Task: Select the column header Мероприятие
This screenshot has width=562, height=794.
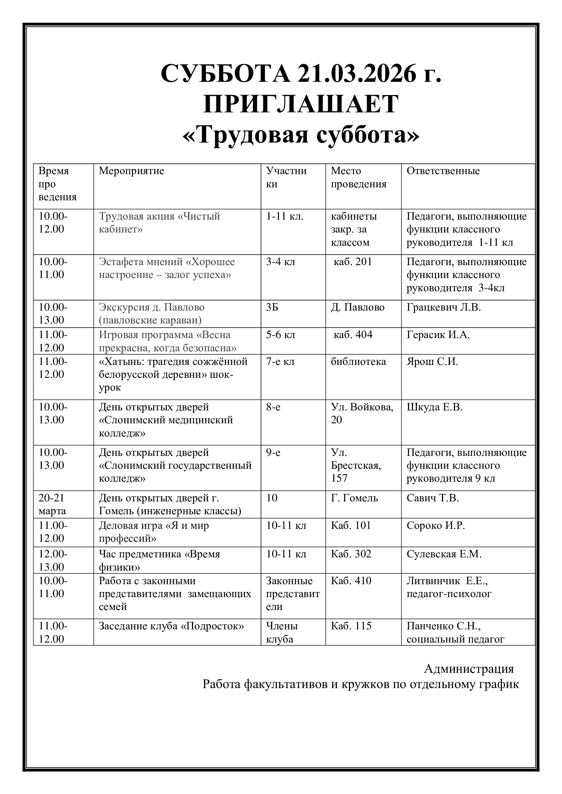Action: click(x=131, y=171)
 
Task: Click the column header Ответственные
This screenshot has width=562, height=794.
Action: click(x=443, y=171)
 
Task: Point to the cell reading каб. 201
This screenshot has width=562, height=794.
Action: click(x=353, y=262)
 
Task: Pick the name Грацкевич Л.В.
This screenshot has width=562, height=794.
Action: click(x=444, y=307)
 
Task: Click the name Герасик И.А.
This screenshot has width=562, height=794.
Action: click(x=438, y=335)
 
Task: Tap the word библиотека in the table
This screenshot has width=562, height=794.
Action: click(x=358, y=362)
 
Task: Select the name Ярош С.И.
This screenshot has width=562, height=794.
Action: click(x=432, y=362)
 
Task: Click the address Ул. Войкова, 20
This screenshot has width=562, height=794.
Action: click(x=362, y=413)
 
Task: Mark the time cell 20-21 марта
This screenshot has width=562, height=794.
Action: click(x=52, y=504)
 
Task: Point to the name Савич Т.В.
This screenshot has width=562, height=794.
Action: click(x=433, y=498)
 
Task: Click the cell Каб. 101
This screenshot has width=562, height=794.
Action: click(x=351, y=525)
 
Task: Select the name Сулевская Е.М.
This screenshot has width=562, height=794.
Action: click(x=444, y=554)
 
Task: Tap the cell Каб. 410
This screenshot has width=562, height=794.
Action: click(x=351, y=580)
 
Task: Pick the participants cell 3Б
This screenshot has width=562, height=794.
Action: click(x=272, y=307)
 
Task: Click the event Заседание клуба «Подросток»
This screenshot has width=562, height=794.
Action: click(x=171, y=626)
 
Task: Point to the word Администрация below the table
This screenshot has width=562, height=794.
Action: click(x=469, y=669)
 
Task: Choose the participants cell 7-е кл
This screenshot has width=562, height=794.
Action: click(x=280, y=362)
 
